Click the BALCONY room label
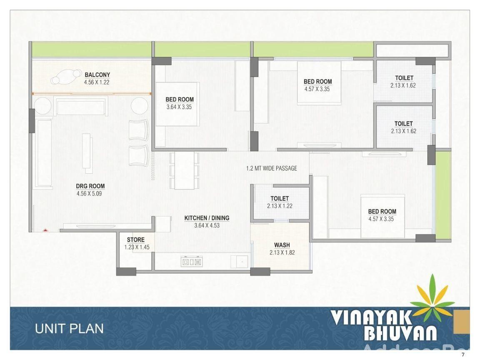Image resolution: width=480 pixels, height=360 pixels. coord(97,75)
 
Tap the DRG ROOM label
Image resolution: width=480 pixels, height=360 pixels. coord(90,186)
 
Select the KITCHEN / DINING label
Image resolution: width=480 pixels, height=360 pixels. coord(207,218)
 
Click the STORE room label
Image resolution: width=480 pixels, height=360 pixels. coord(135,240)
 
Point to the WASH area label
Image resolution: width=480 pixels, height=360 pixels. coord(282,245)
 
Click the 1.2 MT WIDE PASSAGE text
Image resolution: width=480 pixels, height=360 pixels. coord(272,168)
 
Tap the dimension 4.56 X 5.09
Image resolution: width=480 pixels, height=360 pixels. coord(89,194)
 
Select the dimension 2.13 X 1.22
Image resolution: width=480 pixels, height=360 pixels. coord(280,206)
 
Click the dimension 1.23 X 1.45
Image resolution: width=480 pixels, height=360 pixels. coord(137,247)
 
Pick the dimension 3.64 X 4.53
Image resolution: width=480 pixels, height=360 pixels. coord(207,225)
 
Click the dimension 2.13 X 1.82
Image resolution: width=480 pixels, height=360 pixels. coord(282,253)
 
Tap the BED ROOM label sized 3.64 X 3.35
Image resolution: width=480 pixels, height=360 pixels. coord(180,100)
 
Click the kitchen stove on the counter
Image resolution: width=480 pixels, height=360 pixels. coord(191,262)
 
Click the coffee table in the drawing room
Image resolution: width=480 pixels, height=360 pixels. coord(87,153)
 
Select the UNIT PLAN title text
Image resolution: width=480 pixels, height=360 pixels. coord(69,329)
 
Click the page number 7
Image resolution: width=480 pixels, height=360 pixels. coord(463,355)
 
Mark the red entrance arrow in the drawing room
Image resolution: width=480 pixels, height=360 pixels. coord(45,230)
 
